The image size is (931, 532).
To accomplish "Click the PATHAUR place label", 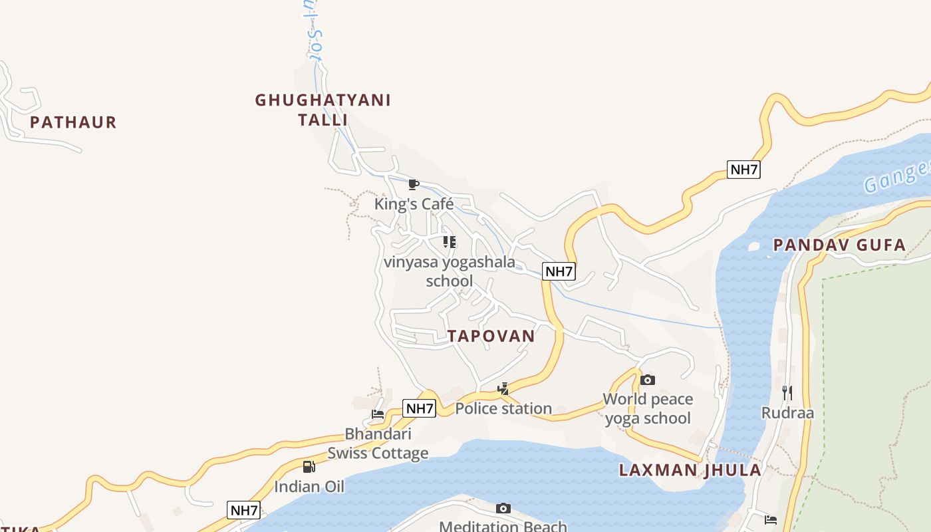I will pos(73,122).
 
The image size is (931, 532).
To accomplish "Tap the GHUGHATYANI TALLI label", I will pos(323,110).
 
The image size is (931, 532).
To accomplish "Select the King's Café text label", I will pos(414,203).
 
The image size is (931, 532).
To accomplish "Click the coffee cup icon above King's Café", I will pos(413,184).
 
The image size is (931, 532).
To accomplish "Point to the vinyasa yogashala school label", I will pos(450,271).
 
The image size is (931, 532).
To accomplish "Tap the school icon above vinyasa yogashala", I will pos(450,242).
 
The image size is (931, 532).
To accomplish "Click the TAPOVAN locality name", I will pos(491,336).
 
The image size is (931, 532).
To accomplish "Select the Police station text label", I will pos(503,408).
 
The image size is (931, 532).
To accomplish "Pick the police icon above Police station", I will pos(503,389).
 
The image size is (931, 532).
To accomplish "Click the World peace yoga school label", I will pos(648,408).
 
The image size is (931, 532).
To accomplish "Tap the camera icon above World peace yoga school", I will pos(648,380).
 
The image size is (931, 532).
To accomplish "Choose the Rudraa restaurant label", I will pos(787,412).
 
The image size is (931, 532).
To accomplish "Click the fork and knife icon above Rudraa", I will pos(787,392).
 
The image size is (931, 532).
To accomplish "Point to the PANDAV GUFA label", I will pos(839,245).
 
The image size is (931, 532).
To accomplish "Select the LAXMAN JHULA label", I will pos(690,470).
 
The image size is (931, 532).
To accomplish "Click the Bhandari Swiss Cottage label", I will pos(378,444).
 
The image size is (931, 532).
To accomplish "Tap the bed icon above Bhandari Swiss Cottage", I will pos(378,414).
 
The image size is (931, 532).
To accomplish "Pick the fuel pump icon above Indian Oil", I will pos(309,467).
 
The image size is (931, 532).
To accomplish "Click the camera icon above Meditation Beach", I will pos(503,509).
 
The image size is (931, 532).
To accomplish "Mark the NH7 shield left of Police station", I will pos(419,408).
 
